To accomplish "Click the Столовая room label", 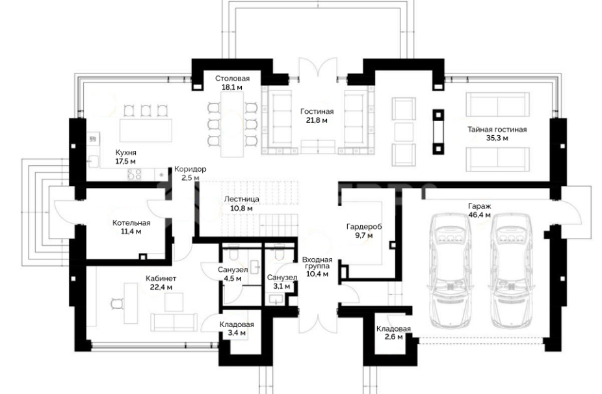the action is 232,78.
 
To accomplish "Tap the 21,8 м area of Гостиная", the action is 317,120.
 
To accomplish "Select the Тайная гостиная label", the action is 497,129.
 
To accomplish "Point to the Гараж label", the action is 480,206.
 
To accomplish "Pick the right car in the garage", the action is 510,270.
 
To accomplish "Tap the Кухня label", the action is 126,152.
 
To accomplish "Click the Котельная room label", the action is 131,223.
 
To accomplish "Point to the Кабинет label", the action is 161,278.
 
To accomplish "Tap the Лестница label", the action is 241,200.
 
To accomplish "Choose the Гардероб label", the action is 364,226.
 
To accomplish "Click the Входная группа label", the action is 317,263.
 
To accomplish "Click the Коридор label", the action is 190,169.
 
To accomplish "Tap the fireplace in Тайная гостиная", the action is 438,132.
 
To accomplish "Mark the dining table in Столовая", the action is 232,124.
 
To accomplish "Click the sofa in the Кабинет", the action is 174,322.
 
